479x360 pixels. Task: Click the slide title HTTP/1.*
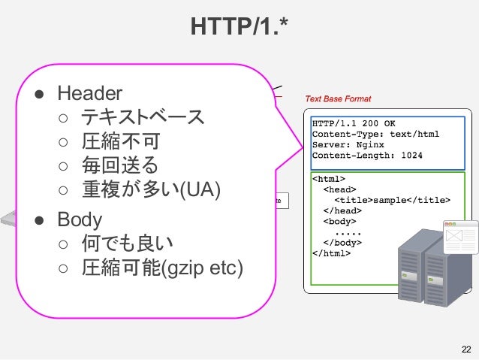point(239,29)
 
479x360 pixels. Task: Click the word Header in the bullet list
point(89,93)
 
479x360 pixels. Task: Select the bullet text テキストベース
point(142,117)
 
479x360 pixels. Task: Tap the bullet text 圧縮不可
point(119,141)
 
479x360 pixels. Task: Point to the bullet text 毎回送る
point(119,165)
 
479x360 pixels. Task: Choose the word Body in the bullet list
point(80,219)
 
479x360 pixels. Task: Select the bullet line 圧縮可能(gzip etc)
point(161,268)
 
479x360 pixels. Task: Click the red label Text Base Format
point(338,99)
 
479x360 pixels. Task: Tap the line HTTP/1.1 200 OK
point(354,123)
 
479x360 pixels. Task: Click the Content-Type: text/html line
point(375,134)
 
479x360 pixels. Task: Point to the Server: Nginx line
point(348,144)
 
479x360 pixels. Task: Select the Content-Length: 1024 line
point(367,156)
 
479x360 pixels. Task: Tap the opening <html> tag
point(328,179)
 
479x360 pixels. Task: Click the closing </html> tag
point(331,253)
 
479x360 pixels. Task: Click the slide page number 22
point(466,349)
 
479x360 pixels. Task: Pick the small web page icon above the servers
point(460,236)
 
